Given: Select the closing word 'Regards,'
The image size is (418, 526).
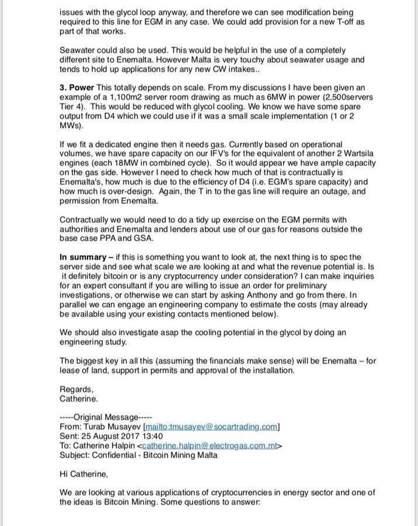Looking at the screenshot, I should pyautogui.click(x=76, y=389).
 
